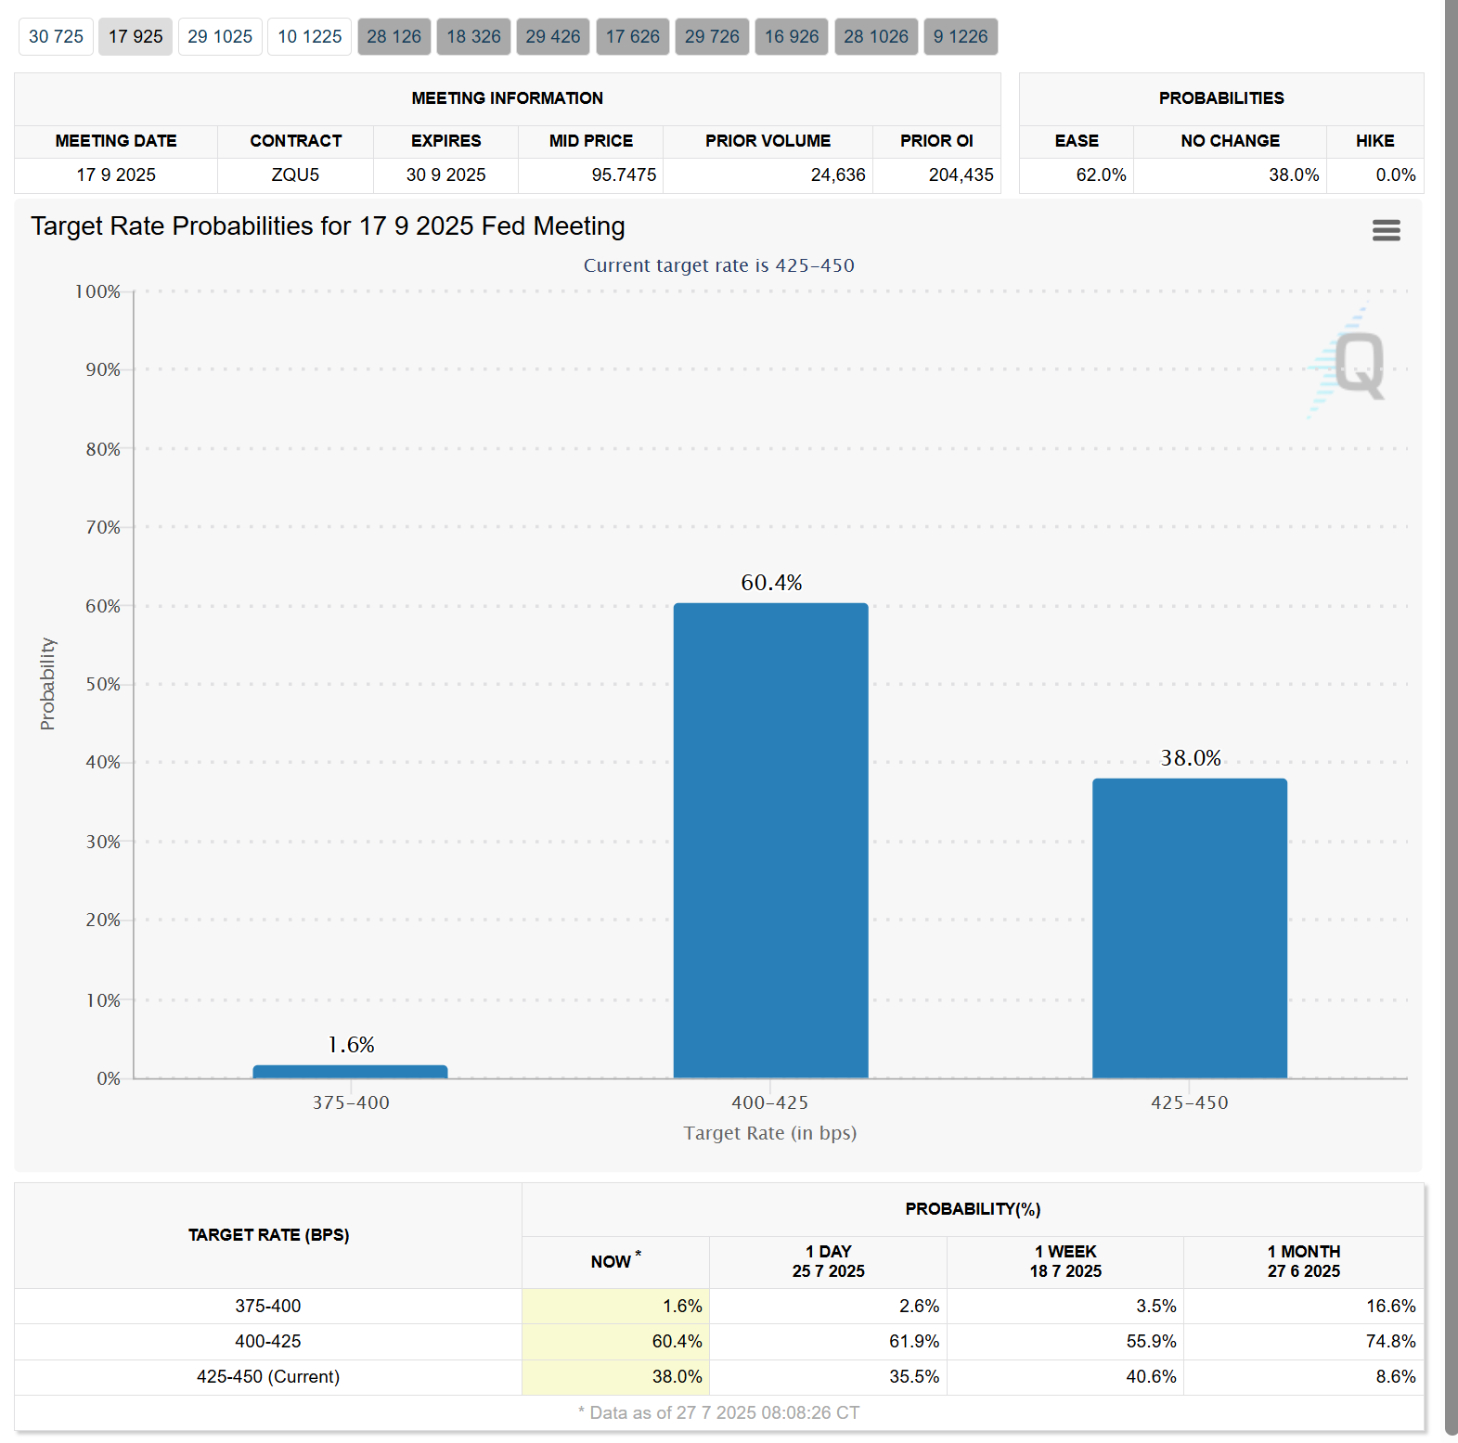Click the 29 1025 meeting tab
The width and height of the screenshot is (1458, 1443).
[x=220, y=37]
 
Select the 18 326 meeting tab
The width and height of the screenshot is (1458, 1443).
[x=473, y=37]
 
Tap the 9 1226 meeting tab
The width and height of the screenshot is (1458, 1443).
[x=961, y=37]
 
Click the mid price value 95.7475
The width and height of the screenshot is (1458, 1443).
[x=624, y=175]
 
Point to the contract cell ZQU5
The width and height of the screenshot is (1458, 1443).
[x=295, y=175]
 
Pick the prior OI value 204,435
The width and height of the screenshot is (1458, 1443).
[x=961, y=175]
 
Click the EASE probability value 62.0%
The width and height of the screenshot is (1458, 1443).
[x=1101, y=175]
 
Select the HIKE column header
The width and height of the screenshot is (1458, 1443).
[x=1374, y=141]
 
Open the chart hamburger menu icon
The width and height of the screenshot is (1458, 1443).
[x=1386, y=230]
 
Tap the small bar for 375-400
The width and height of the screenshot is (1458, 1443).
[x=350, y=1072]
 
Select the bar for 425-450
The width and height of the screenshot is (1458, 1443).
[x=1189, y=928]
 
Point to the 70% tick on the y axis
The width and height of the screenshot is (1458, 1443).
[x=103, y=528]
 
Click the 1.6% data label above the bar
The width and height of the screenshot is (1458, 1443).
[x=351, y=1045]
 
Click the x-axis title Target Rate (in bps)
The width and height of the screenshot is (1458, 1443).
[x=770, y=1133]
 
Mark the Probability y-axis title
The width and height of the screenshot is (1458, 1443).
[x=47, y=684]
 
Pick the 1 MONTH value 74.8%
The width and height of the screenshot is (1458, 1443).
[x=1390, y=1342]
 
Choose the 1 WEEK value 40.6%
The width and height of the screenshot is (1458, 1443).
[x=1151, y=1377]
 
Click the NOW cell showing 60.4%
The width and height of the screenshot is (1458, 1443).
[x=677, y=1342]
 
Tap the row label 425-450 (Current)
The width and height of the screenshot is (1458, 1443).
[x=268, y=1377]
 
